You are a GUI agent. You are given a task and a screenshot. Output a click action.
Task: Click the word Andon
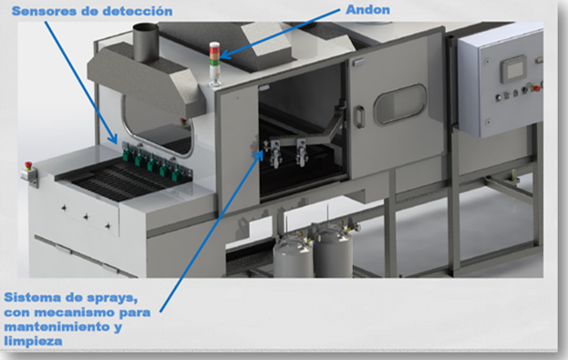(367, 10)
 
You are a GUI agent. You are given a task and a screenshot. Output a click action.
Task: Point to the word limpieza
(33, 341)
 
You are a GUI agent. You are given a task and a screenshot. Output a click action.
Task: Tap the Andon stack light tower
(214, 64)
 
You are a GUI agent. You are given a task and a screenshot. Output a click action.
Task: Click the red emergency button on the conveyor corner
(28, 166)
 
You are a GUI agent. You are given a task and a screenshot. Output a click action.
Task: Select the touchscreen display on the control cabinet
(513, 69)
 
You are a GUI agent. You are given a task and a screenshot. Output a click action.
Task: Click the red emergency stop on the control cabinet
(536, 87)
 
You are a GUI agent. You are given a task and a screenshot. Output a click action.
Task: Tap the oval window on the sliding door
(400, 104)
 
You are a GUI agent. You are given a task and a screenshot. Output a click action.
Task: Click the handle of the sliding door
(358, 117)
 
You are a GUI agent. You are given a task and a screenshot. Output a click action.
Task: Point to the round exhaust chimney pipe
(145, 42)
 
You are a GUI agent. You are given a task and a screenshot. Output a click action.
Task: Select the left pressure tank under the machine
(293, 254)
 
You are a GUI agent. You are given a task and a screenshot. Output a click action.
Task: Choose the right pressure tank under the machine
(334, 251)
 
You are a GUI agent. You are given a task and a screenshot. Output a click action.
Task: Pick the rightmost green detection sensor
(177, 172)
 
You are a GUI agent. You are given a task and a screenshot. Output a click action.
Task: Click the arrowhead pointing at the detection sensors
(114, 139)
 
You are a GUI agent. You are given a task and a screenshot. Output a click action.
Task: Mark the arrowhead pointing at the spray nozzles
(259, 154)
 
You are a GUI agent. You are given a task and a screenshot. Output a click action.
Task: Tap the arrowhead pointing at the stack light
(224, 56)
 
